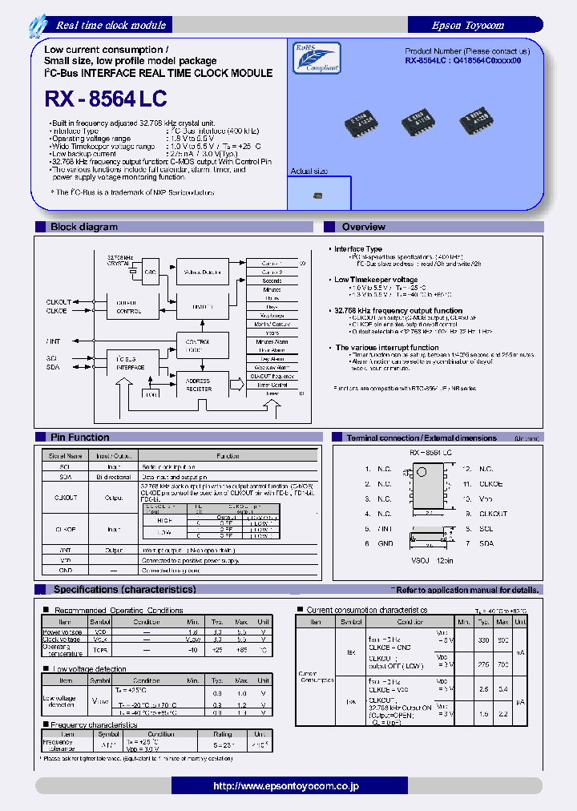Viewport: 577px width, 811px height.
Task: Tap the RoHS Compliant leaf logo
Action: [311, 58]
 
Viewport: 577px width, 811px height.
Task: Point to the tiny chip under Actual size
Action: [318, 195]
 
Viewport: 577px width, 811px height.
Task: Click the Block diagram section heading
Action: [83, 227]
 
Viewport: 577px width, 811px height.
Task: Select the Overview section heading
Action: [364, 227]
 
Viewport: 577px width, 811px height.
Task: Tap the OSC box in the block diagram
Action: [150, 272]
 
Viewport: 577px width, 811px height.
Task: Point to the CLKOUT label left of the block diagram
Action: [58, 302]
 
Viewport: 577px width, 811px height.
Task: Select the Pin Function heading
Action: [79, 437]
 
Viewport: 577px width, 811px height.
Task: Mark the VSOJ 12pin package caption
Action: [431, 561]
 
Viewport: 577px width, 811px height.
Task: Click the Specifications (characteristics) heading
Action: [124, 589]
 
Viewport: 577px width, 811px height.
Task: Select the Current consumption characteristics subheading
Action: [366, 610]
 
